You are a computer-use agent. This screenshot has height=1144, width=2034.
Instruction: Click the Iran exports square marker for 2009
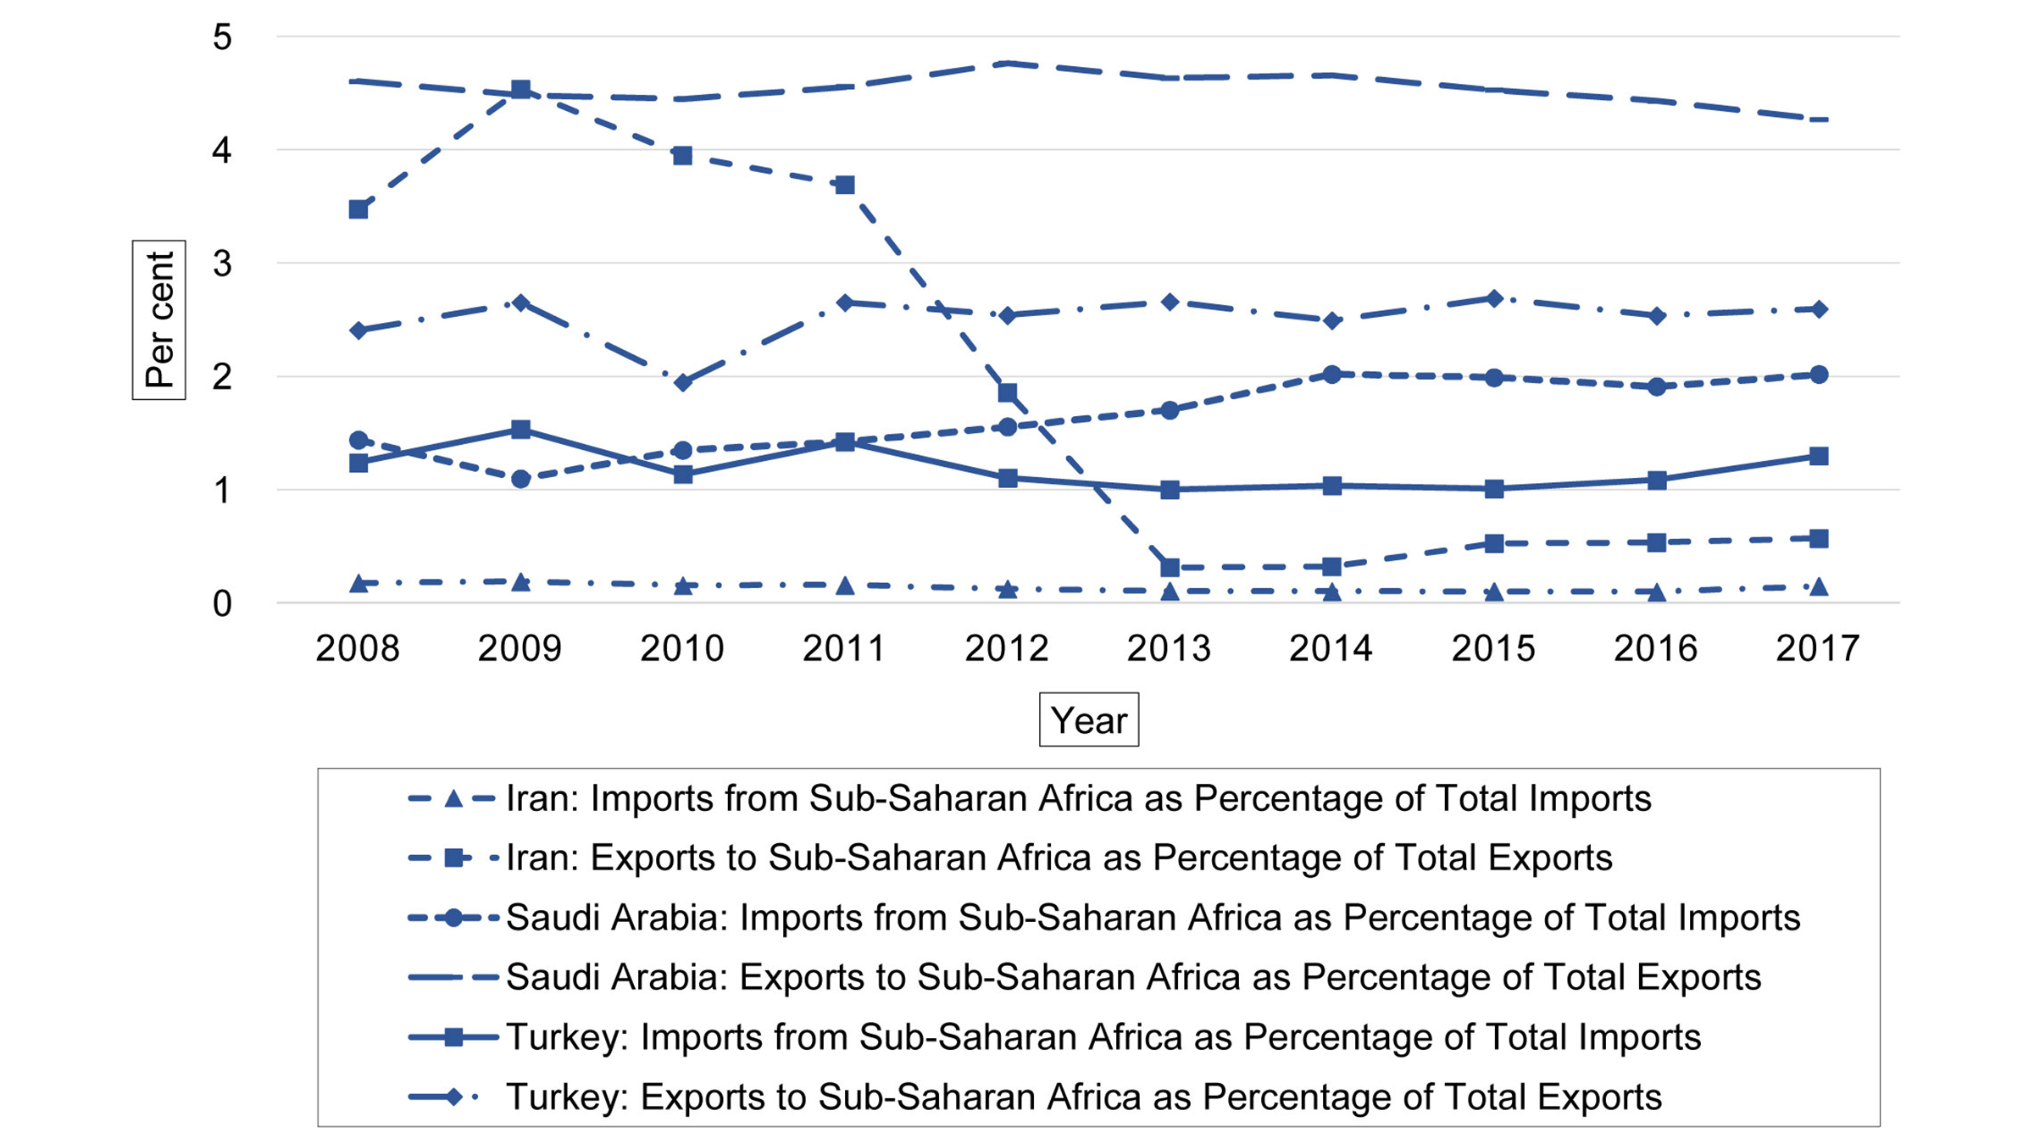520,90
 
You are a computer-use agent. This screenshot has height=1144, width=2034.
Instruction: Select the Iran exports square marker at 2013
1170,567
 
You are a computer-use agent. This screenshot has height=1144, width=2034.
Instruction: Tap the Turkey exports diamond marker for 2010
683,383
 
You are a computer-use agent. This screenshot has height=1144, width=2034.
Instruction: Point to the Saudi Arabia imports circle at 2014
1331,374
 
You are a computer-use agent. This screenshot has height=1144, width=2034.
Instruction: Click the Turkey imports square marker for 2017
1818,456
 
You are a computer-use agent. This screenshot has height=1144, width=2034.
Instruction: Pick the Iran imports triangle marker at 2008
358,584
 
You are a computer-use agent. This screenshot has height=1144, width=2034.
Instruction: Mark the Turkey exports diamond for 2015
1494,298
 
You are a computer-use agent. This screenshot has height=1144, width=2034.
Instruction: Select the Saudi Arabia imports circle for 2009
520,479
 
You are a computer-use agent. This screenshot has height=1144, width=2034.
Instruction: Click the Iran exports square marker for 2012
1008,392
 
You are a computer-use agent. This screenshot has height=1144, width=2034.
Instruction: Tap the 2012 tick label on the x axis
1007,649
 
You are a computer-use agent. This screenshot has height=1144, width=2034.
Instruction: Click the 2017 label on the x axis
1817,649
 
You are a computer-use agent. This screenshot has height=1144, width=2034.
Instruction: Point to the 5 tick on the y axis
222,37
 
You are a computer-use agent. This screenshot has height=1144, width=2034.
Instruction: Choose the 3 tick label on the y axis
222,264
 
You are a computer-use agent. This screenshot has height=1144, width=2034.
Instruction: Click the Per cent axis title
158,319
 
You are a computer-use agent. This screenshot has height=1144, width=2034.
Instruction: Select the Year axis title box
1088,720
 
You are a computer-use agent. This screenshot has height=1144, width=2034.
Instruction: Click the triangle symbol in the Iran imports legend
453,798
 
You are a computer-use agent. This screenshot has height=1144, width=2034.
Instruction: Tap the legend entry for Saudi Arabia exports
1132,977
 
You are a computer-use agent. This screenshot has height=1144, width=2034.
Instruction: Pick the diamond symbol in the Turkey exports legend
453,1097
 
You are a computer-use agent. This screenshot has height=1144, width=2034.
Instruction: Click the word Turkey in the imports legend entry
564,1037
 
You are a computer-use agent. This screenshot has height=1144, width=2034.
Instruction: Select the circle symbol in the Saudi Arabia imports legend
453,918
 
